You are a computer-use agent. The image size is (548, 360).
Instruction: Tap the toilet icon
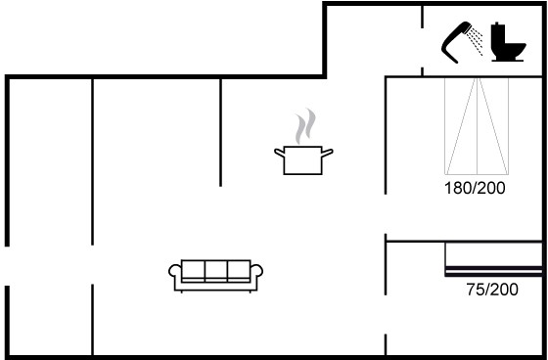508,42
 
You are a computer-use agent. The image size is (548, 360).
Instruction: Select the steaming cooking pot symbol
303,142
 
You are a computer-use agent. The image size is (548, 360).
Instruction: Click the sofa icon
216,276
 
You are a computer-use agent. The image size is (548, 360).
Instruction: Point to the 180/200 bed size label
475,188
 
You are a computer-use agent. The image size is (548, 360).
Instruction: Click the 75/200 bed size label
492,290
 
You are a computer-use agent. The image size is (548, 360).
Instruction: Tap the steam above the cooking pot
305,126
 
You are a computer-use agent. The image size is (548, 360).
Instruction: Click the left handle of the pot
279,153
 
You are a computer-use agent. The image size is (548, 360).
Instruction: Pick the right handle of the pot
328,153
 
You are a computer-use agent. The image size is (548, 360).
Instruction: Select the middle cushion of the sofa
216,270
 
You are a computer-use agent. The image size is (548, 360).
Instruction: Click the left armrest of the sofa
175,272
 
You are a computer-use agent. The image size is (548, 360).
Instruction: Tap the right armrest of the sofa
256,272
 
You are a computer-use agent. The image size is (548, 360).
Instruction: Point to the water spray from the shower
476,42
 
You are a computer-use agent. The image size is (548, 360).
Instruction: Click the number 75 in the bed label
475,290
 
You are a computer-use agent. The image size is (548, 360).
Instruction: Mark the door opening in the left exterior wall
7,266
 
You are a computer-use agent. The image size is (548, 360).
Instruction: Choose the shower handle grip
450,49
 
